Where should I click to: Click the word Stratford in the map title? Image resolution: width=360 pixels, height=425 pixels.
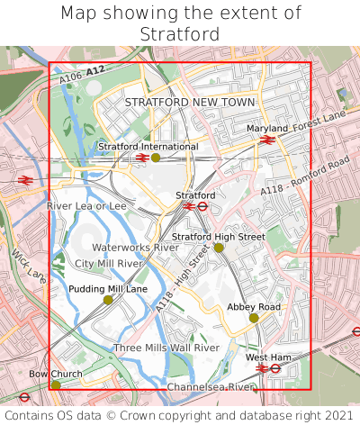pyautogui.click(x=179, y=34)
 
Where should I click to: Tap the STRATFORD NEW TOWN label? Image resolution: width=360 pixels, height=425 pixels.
pyautogui.click(x=190, y=103)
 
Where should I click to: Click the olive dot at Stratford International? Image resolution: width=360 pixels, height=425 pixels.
pyautogui.click(x=156, y=158)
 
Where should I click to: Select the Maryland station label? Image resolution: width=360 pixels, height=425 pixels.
pyautogui.click(x=267, y=129)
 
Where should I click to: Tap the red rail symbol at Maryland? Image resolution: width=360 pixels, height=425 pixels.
pyautogui.click(x=266, y=140)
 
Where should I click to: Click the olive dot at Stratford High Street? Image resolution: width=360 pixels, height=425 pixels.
pyautogui.click(x=219, y=248)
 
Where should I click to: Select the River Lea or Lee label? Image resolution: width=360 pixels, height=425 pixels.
pyautogui.click(x=86, y=206)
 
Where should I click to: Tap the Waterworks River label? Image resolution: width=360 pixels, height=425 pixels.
pyautogui.click(x=135, y=247)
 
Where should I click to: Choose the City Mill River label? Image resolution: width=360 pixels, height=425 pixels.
pyautogui.click(x=109, y=263)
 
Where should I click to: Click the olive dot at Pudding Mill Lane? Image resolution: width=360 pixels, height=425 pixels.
pyautogui.click(x=108, y=300)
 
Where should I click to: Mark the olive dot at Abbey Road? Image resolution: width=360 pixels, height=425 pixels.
pyautogui.click(x=254, y=318)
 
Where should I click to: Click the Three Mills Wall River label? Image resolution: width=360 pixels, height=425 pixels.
pyautogui.click(x=166, y=348)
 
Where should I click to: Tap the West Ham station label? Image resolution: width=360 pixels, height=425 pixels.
pyautogui.click(x=268, y=357)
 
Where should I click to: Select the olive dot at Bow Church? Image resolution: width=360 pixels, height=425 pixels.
pyautogui.click(x=56, y=384)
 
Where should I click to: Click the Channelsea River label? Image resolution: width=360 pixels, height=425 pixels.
pyautogui.click(x=211, y=386)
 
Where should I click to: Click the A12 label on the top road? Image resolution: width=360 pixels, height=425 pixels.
pyautogui.click(x=96, y=69)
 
